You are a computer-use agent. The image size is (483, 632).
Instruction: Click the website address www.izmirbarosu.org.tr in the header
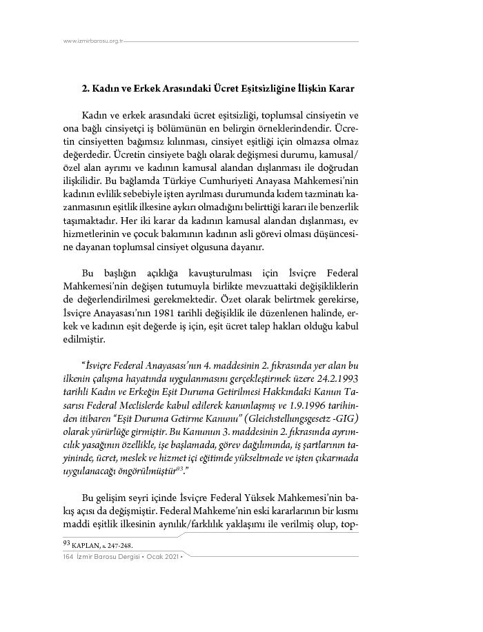click(92, 41)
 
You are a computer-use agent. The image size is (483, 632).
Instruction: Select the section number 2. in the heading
click(86, 89)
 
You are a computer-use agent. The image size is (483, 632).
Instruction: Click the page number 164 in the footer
click(68, 556)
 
